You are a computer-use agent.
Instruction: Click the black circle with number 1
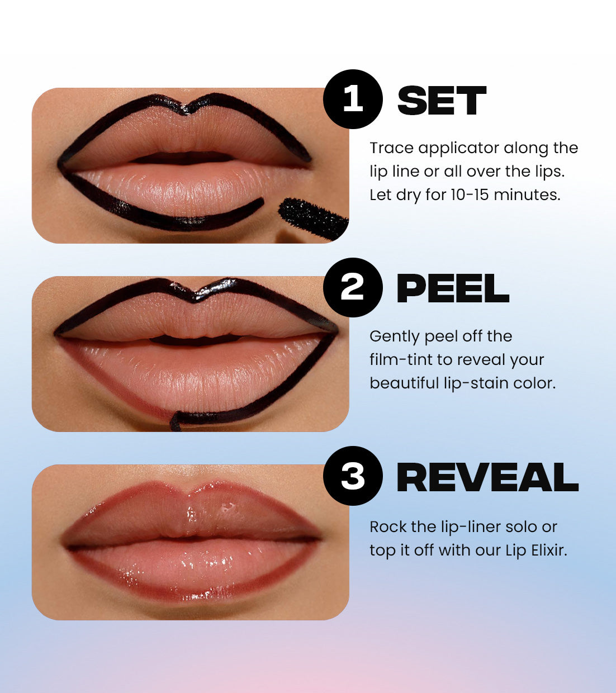[353, 99]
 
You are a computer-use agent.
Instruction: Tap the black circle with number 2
[353, 287]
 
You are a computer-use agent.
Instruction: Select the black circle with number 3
[353, 476]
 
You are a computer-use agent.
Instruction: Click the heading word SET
[442, 101]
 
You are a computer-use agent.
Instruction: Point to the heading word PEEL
[453, 288]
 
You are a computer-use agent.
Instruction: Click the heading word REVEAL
[487, 477]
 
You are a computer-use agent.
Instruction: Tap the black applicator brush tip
[313, 217]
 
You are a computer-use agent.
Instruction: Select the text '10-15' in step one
[470, 194]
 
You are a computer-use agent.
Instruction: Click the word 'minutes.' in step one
[527, 194]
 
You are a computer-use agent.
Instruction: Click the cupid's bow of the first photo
[187, 110]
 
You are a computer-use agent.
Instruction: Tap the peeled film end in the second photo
[175, 421]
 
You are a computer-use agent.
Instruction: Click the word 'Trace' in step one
[391, 148]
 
